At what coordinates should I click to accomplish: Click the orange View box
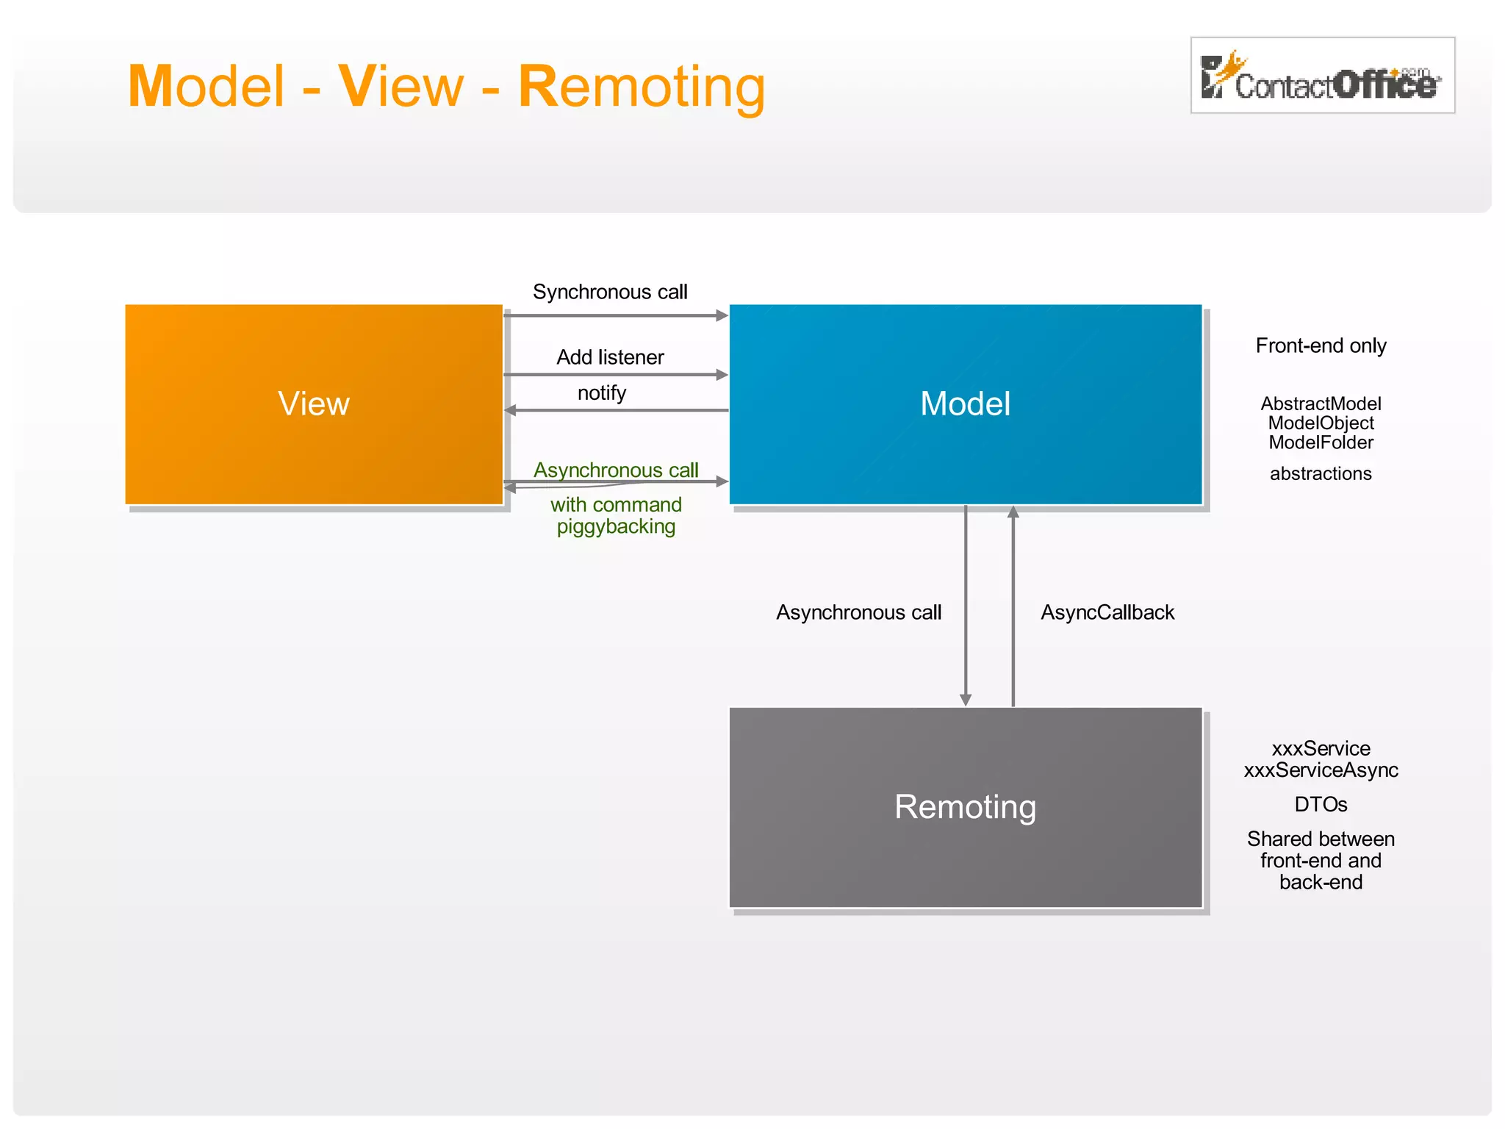point(314,404)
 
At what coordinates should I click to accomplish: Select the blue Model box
point(965,404)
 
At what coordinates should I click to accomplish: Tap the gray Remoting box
point(965,807)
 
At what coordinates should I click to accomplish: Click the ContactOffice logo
point(1322,76)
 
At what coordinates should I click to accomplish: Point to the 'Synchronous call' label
point(610,292)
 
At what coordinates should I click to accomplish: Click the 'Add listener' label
point(610,357)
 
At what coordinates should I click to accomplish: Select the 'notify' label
point(602,393)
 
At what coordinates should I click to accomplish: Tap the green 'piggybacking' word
point(616,526)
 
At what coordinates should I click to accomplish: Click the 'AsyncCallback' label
point(1107,612)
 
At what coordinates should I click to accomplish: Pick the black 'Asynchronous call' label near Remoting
point(858,612)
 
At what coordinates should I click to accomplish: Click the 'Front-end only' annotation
point(1321,345)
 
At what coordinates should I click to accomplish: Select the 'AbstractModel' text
point(1321,404)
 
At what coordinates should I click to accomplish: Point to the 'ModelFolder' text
point(1321,442)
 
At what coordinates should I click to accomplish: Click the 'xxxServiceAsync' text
point(1321,770)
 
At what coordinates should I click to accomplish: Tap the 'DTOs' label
point(1321,804)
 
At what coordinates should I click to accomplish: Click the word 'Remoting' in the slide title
point(642,87)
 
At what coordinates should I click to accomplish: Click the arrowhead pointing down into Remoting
point(966,700)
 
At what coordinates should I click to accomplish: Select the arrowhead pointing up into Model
point(1013,512)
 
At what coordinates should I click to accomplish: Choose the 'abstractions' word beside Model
point(1321,473)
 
